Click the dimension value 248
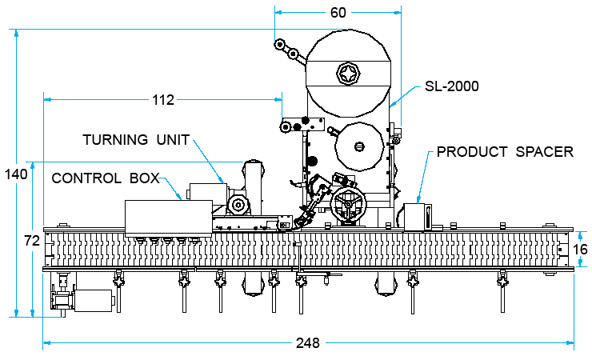click(308, 343)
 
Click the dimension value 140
click(16, 174)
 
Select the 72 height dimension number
click(32, 240)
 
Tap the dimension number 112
click(163, 100)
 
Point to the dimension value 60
click(338, 13)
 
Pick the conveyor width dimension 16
click(580, 249)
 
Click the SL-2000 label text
click(452, 86)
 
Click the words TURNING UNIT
click(136, 140)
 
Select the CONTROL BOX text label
click(106, 178)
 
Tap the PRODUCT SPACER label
click(505, 152)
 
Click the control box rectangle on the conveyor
click(168, 219)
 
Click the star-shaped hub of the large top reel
click(348, 74)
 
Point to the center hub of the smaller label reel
click(359, 146)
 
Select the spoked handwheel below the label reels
click(348, 205)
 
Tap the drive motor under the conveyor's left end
click(94, 301)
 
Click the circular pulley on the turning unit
click(238, 206)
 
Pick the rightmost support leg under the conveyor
click(502, 291)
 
